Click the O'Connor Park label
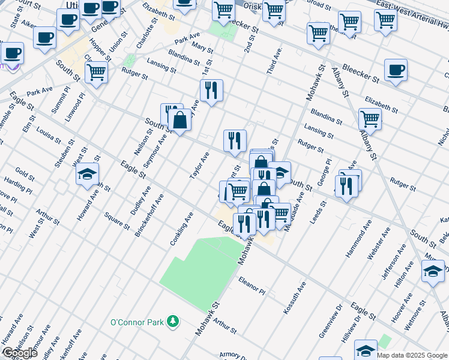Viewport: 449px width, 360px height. coord(137,322)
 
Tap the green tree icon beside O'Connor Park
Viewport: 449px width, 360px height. coord(173,322)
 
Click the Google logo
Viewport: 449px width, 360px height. coord(20,353)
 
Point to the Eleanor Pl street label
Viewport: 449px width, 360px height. coord(252,285)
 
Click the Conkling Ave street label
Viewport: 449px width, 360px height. coord(181,229)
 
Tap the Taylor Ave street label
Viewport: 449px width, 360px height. coord(200,166)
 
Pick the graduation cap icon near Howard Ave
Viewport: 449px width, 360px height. coord(87,175)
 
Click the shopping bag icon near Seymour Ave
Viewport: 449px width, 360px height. coord(179,120)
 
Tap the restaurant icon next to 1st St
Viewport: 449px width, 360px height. coord(211,91)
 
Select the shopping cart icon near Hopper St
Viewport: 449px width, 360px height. coord(96,73)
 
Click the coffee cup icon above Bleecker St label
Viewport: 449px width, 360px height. coord(396,70)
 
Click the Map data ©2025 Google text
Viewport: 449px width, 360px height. coord(412,355)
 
